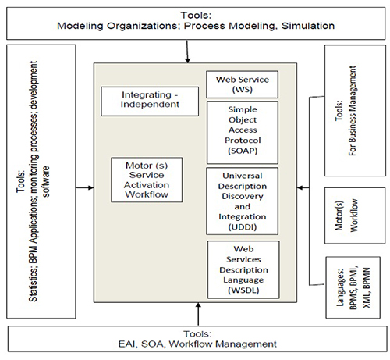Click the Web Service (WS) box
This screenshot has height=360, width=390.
click(242, 84)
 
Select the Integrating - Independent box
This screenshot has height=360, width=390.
click(150, 102)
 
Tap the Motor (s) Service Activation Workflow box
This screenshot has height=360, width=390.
click(147, 180)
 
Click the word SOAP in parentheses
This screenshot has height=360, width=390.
click(243, 151)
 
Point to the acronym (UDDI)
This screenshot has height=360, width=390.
click(243, 227)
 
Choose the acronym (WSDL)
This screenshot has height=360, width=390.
click(243, 290)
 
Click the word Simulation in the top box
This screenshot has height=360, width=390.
click(308, 26)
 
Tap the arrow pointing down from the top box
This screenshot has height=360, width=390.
click(187, 52)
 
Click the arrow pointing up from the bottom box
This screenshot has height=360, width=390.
click(198, 314)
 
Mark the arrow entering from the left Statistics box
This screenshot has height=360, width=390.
click(85, 187)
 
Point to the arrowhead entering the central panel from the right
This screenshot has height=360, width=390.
click(300, 187)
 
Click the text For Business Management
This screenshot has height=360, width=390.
click(352, 111)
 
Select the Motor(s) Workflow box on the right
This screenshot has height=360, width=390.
click(355, 216)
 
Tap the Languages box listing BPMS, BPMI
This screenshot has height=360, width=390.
click(353, 287)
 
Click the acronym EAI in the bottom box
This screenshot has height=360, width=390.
click(127, 344)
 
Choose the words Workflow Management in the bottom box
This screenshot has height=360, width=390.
click(223, 344)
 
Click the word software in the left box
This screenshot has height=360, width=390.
click(46, 181)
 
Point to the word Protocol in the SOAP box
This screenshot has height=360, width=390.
click(243, 141)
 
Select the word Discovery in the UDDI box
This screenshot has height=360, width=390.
click(243, 196)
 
